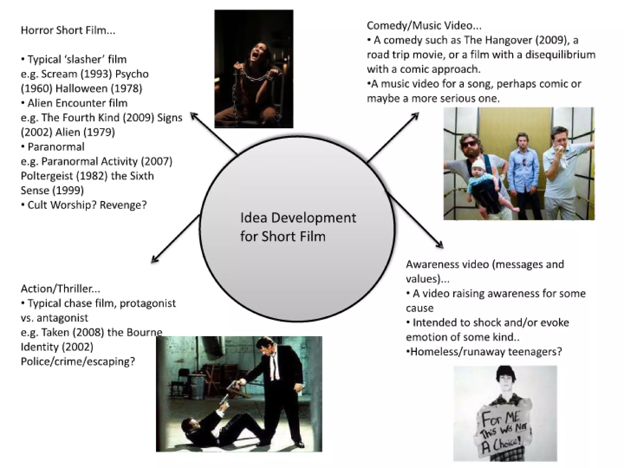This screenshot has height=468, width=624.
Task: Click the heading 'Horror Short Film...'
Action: click(x=68, y=30)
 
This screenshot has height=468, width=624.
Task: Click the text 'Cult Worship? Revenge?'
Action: click(x=87, y=205)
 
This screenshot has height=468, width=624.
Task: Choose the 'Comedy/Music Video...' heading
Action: click(x=424, y=26)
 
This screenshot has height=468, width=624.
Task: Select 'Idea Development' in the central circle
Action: click(x=298, y=218)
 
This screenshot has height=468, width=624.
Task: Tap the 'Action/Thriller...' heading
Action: click(x=60, y=289)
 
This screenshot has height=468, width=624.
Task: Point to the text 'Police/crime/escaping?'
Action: click(x=78, y=361)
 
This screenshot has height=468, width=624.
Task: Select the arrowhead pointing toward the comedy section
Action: click(x=416, y=115)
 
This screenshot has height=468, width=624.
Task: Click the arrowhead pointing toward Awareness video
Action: click(x=441, y=246)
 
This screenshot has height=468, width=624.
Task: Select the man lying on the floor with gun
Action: click(x=213, y=427)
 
